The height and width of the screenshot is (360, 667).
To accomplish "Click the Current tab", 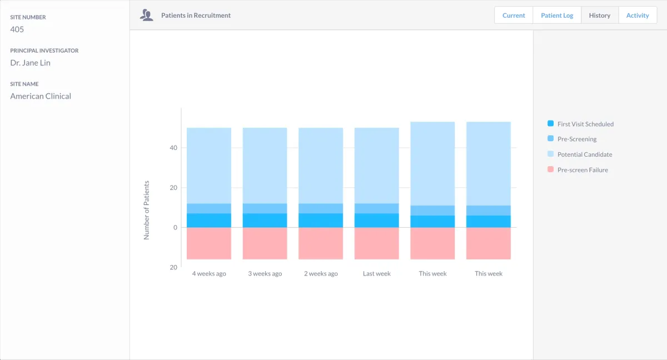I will coord(514,16).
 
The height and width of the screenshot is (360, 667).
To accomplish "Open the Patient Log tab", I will coord(557,16).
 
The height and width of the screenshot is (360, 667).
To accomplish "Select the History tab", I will coord(600,16).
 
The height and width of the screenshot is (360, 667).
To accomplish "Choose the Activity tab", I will coord(638,16).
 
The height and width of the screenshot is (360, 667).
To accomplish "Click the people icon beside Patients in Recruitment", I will coord(147,16).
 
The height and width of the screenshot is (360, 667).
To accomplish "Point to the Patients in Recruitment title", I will coord(196,16).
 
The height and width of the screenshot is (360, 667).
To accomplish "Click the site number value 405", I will coord(17,29).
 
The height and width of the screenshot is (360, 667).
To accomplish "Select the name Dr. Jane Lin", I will coord(30,63).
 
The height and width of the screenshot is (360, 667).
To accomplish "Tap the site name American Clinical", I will coord(41,96).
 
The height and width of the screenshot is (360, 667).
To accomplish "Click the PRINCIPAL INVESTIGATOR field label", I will coord(44,51).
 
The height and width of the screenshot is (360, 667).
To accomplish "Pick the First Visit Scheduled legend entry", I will coord(585,124).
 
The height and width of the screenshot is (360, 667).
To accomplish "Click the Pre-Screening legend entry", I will coord(576,139).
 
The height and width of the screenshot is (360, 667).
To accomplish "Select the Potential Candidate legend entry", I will coord(584,154).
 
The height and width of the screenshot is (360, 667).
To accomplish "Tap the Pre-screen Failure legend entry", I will coord(582,170).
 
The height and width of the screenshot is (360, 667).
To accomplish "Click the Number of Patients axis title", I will coord(147,210).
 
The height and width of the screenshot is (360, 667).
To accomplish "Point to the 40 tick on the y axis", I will coord(173,148).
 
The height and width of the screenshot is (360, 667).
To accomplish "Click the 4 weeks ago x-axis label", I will coord(209,274).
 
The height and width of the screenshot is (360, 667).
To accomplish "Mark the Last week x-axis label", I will coord(376,274).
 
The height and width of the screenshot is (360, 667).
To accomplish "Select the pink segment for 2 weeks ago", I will coord(321,243).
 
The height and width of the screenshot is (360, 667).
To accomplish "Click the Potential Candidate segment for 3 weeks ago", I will coord(265,166).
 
